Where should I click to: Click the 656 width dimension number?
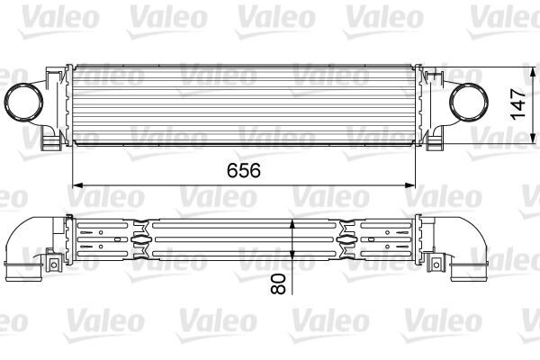pos(242,169)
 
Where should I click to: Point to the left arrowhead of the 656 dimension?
pos(76,184)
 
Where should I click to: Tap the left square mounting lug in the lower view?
pos(50,262)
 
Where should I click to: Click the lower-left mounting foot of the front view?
pos(53,141)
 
